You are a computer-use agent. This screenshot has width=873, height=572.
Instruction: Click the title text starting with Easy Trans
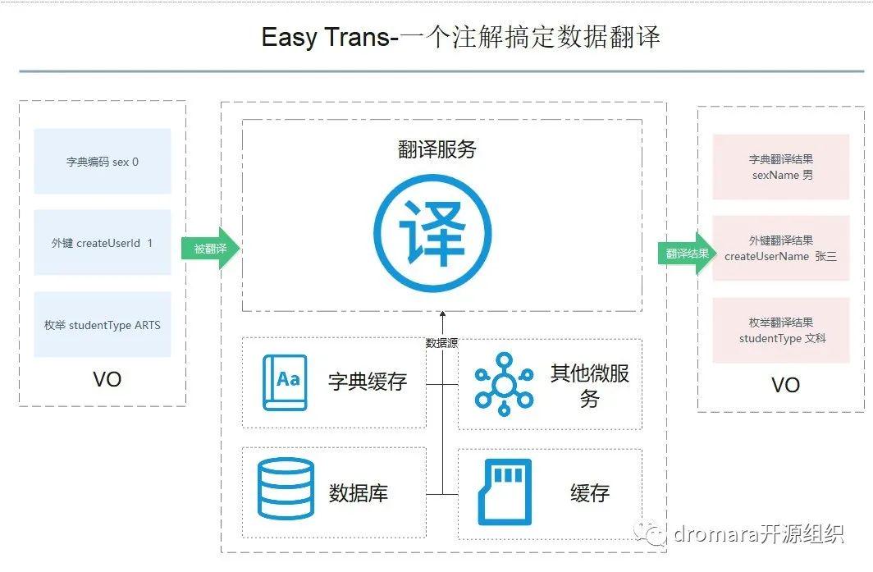point(460,37)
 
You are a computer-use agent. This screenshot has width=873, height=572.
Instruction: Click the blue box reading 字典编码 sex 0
point(103,162)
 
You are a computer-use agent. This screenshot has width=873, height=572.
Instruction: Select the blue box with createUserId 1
point(103,243)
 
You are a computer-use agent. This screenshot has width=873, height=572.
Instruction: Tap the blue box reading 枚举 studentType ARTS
point(103,325)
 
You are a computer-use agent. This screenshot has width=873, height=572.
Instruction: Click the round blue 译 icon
point(432,231)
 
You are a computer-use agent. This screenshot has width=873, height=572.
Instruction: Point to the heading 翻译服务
point(436,149)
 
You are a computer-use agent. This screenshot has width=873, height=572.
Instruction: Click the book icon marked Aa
point(285,382)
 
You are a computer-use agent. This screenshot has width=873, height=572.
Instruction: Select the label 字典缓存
point(368,382)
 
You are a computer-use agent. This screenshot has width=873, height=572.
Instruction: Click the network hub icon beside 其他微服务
point(504,382)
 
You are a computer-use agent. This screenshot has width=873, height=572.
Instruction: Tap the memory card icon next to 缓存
point(505,492)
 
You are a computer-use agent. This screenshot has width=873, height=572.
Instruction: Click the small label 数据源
point(441,344)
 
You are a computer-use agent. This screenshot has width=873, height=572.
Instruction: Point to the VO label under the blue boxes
point(107,379)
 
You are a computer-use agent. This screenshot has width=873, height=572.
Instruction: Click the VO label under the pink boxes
point(785,385)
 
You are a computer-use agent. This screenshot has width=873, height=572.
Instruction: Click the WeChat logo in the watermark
point(655,534)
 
